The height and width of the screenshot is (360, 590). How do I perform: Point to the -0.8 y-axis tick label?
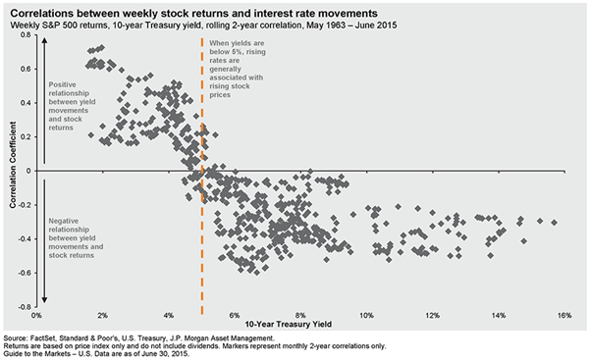25,307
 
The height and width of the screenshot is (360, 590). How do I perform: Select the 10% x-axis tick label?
366,315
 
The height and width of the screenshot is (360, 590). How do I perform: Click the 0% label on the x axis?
36,315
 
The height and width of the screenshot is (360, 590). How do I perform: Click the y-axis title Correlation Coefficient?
13,165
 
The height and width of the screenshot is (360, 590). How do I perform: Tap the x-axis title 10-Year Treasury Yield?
289,325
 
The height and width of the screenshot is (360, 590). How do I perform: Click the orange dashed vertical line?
202,176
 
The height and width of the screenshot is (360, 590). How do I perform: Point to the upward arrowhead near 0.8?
44,40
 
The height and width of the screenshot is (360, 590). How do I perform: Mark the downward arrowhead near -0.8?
44,299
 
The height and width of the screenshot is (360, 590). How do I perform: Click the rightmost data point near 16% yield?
554,223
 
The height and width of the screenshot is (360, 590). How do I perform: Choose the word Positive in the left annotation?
63,84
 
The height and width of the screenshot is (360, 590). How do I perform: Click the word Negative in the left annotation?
64,221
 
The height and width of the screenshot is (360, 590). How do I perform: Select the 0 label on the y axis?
28,171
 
